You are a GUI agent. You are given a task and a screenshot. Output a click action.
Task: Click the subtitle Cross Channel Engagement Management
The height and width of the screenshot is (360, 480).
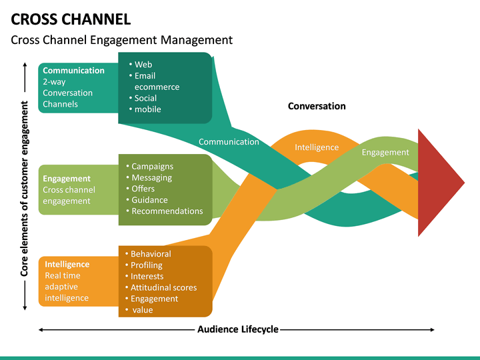click(x=121, y=40)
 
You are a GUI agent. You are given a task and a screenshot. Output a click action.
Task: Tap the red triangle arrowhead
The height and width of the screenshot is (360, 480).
click(x=437, y=181)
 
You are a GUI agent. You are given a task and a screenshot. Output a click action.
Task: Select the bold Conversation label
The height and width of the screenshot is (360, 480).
click(x=317, y=106)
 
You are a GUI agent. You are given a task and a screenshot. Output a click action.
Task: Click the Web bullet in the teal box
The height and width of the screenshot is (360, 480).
click(x=143, y=65)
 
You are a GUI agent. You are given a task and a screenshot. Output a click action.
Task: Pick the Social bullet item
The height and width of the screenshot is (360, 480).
click(x=145, y=98)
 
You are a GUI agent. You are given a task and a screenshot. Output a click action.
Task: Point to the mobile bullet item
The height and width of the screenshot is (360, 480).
click(x=147, y=109)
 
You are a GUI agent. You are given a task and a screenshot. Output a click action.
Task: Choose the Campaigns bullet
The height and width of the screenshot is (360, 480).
click(x=152, y=167)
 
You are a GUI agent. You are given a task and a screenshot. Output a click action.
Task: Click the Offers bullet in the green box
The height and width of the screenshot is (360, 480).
click(x=143, y=189)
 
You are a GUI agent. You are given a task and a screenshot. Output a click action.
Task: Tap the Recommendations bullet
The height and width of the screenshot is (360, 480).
click(x=167, y=211)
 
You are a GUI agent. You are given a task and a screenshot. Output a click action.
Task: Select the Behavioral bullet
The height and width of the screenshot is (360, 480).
click(x=151, y=254)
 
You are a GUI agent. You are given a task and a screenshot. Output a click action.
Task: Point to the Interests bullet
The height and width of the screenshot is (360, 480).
click(x=147, y=276)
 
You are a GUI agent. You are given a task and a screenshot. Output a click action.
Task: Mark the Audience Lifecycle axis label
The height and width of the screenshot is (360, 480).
click(x=237, y=329)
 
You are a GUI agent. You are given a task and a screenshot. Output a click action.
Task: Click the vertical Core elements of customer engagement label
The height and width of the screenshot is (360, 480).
click(x=25, y=189)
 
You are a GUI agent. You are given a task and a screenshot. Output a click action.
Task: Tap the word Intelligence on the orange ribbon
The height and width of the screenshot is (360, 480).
click(x=317, y=147)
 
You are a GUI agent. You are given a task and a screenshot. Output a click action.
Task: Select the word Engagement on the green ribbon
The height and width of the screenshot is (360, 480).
click(x=385, y=152)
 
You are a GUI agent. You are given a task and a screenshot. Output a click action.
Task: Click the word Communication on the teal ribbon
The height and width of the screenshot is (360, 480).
click(x=229, y=142)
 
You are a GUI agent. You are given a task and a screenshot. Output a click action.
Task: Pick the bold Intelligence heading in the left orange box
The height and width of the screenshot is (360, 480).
click(x=67, y=264)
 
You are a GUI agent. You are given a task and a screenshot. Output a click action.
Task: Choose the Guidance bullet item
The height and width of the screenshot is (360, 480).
click(x=149, y=200)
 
